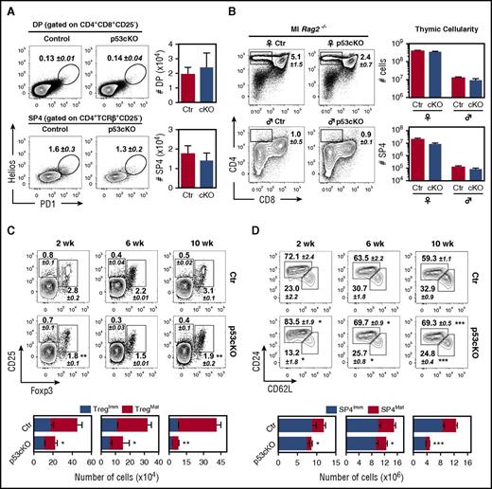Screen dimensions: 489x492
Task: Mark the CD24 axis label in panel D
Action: (x=256, y=360)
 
